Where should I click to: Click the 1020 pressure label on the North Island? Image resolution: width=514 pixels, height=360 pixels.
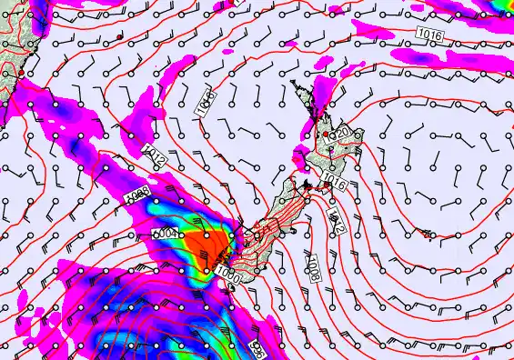tap(343, 135)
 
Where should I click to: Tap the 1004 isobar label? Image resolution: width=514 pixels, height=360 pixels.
tap(165, 234)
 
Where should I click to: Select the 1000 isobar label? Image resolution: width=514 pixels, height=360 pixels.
tap(228, 272)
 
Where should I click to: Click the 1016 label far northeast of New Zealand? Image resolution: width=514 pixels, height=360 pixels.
tap(430, 33)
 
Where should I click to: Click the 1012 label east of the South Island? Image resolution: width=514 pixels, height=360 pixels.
tap(334, 219)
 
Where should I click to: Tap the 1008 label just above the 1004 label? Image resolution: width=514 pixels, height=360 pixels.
tap(137, 195)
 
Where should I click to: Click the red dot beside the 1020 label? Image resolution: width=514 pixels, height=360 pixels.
tap(326, 135)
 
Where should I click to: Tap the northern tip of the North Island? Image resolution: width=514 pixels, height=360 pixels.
tap(294, 83)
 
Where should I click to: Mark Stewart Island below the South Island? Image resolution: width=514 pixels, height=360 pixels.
tap(231, 289)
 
